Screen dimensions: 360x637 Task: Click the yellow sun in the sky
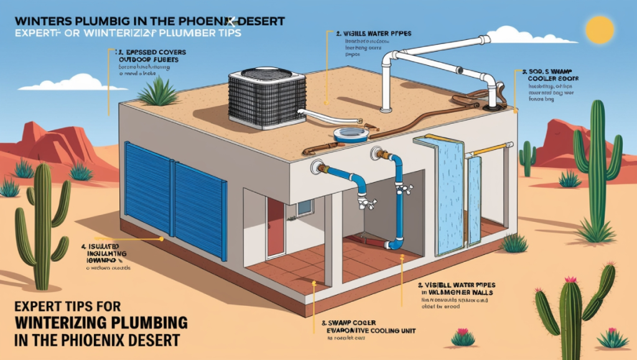click(600, 29)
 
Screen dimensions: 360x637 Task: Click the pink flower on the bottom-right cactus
click(570, 280)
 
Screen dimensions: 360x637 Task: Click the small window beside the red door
click(305, 208)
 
